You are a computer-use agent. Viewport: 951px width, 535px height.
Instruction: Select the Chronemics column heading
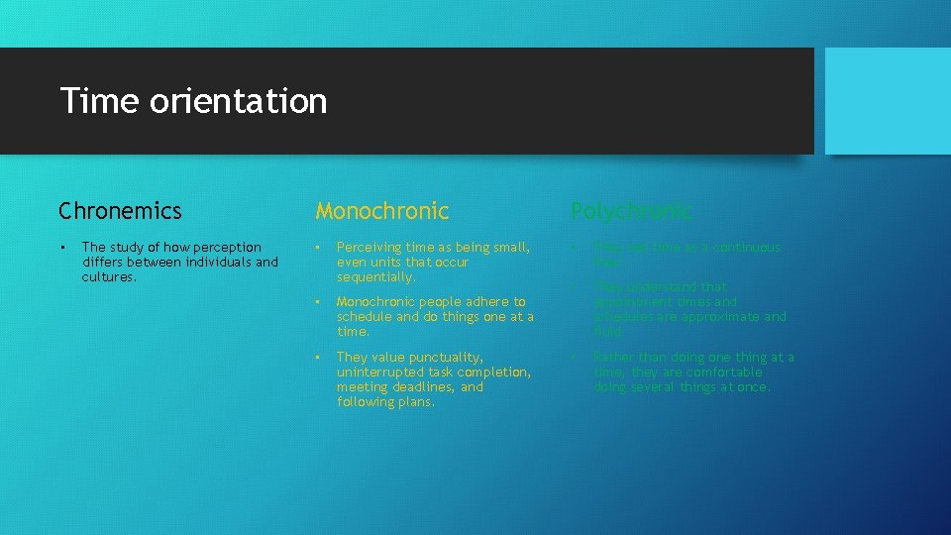pos(120,211)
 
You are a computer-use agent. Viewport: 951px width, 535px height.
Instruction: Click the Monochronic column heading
pos(381,211)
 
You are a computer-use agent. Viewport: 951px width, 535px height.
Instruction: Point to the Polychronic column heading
pos(631,211)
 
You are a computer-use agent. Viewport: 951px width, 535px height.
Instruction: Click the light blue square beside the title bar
pos(888,101)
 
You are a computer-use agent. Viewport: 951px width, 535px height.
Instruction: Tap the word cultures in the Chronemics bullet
pos(108,277)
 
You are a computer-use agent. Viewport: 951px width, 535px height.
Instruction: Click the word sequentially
pos(375,277)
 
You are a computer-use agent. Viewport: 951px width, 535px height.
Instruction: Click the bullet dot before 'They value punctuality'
pos(319,357)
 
